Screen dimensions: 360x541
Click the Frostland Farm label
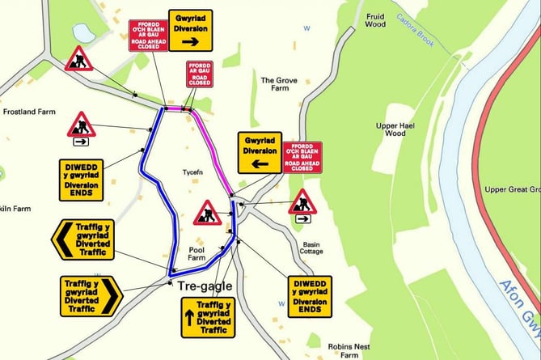pos(29,111)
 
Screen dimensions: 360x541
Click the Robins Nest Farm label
pos(349,349)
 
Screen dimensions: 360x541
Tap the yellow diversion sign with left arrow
pos(259,153)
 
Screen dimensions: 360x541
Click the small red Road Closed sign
pos(199,74)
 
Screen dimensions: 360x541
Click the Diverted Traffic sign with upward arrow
pos(206,316)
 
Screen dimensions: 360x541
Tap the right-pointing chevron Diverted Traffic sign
pos(91,296)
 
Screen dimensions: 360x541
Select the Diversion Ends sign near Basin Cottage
pos(310,296)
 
